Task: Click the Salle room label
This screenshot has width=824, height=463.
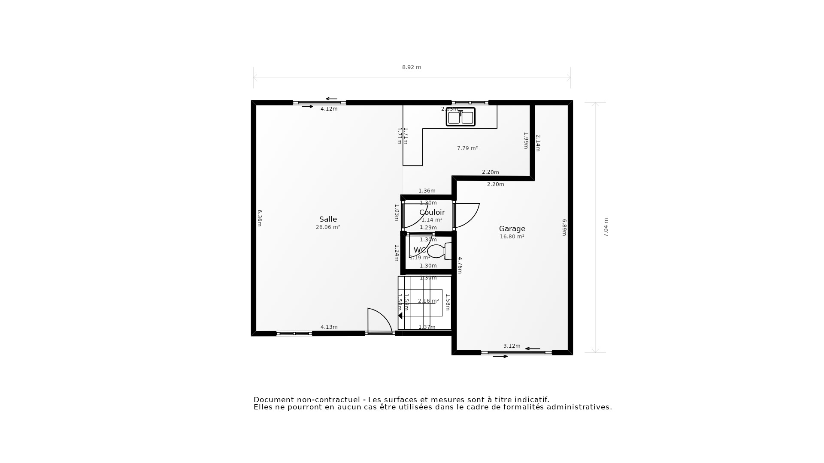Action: click(x=328, y=219)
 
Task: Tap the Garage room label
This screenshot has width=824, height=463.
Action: click(x=512, y=228)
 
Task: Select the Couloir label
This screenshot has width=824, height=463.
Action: click(x=432, y=212)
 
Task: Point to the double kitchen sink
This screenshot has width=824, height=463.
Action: click(x=460, y=117)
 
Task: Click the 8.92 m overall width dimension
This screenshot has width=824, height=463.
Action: click(x=411, y=67)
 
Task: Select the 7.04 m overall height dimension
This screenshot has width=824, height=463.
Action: click(x=606, y=227)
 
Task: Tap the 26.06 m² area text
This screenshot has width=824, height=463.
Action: click(x=328, y=227)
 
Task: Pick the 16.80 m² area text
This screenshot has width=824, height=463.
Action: click(x=512, y=237)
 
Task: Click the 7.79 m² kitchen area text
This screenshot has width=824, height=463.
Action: click(x=467, y=148)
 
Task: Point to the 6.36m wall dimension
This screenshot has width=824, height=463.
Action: click(x=259, y=218)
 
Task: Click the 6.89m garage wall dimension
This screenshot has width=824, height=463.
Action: click(x=564, y=227)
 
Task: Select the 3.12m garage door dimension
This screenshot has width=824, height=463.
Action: click(x=512, y=346)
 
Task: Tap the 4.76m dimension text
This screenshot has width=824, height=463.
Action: click(x=460, y=265)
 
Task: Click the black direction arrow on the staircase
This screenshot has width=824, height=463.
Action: click(x=400, y=316)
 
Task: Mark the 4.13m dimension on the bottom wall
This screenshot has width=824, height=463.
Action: click(x=329, y=327)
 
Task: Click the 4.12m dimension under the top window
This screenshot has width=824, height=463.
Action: click(x=329, y=109)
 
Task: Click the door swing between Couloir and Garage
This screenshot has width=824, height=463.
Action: click(x=467, y=215)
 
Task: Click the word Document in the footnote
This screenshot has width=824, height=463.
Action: click(x=273, y=400)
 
